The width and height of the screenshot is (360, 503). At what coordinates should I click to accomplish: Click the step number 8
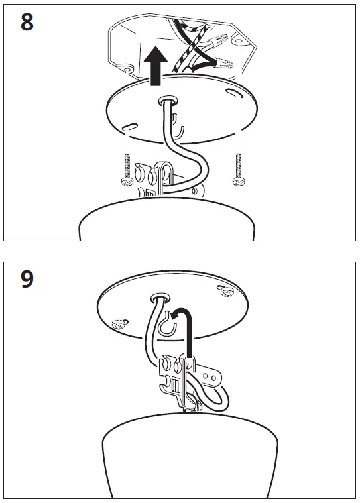[27, 21]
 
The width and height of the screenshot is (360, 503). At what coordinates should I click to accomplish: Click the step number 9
[27, 279]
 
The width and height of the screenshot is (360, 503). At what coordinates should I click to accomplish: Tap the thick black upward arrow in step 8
[154, 67]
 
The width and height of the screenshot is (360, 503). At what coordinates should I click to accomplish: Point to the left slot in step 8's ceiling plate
[129, 125]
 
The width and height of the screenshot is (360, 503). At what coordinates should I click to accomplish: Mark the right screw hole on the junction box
[237, 41]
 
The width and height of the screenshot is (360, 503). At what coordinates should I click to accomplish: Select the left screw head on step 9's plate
[120, 324]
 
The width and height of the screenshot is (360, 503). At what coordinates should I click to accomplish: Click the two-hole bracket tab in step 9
[211, 376]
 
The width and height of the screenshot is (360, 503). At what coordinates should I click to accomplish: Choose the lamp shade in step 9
[180, 457]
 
